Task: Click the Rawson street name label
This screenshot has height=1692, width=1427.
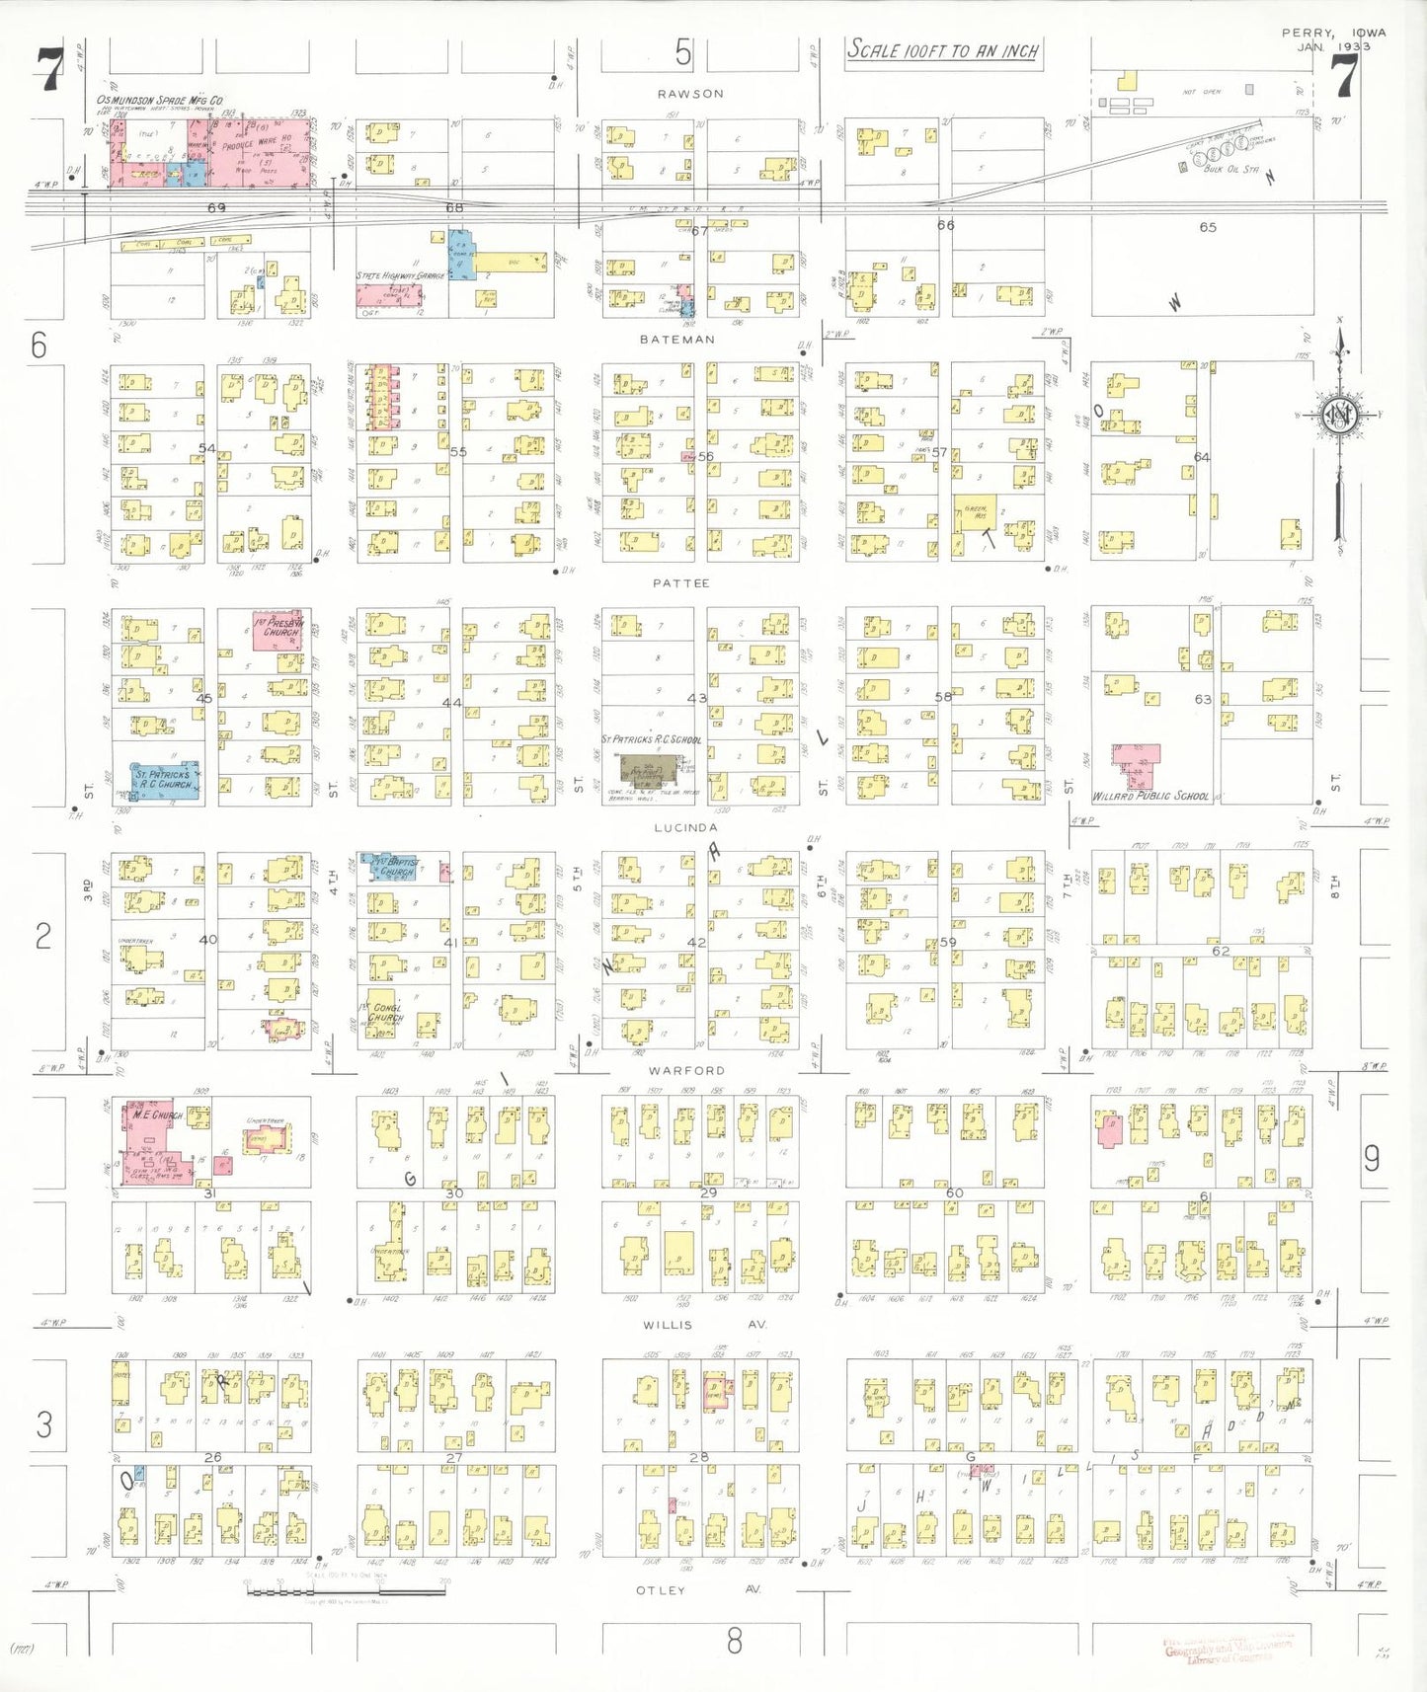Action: click(x=690, y=94)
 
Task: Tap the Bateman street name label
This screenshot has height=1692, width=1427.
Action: click(x=676, y=340)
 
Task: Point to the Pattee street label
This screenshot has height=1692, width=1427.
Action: click(x=680, y=583)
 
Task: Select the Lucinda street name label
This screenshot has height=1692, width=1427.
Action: click(x=685, y=828)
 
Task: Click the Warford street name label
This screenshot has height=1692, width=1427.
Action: click(x=686, y=1071)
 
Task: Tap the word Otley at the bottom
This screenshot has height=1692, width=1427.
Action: click(x=661, y=1590)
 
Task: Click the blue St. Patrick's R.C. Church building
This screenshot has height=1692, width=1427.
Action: click(x=166, y=780)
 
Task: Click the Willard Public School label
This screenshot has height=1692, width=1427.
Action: click(x=1150, y=796)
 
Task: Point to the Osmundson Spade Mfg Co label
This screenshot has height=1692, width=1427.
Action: click(x=159, y=101)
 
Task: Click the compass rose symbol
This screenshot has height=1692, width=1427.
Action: click(x=1339, y=416)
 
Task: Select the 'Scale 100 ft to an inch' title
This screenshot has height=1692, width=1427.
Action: click(x=943, y=50)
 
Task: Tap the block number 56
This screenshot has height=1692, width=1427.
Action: click(x=705, y=456)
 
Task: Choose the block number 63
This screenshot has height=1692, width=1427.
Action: click(x=1202, y=699)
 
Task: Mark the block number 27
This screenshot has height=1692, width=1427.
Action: click(x=453, y=1457)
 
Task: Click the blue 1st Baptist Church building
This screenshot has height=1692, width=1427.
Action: click(x=392, y=867)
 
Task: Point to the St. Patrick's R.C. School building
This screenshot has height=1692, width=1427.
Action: click(x=651, y=767)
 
